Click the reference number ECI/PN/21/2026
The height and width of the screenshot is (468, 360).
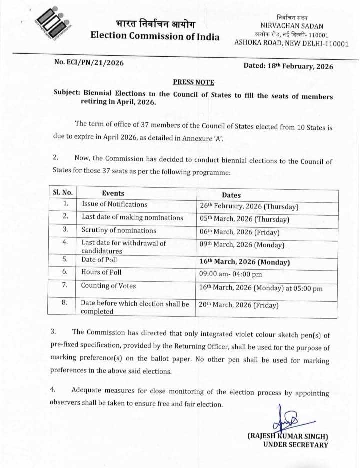coord(89,63)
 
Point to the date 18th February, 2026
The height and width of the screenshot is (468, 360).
coord(288,66)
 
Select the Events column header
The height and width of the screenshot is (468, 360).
coord(113,193)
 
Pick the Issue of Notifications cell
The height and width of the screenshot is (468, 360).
coord(115,204)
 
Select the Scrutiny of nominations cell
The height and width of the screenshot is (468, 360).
coord(119,230)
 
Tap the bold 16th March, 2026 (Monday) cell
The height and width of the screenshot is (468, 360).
coord(245,261)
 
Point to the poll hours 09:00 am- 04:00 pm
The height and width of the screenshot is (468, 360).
coord(230,274)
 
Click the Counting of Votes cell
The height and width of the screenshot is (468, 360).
coord(108,286)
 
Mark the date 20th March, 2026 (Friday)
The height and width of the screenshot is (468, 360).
coord(239,305)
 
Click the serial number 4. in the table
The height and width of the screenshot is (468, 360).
coord(65,242)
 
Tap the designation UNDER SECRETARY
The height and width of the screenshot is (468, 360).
coord(295,445)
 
